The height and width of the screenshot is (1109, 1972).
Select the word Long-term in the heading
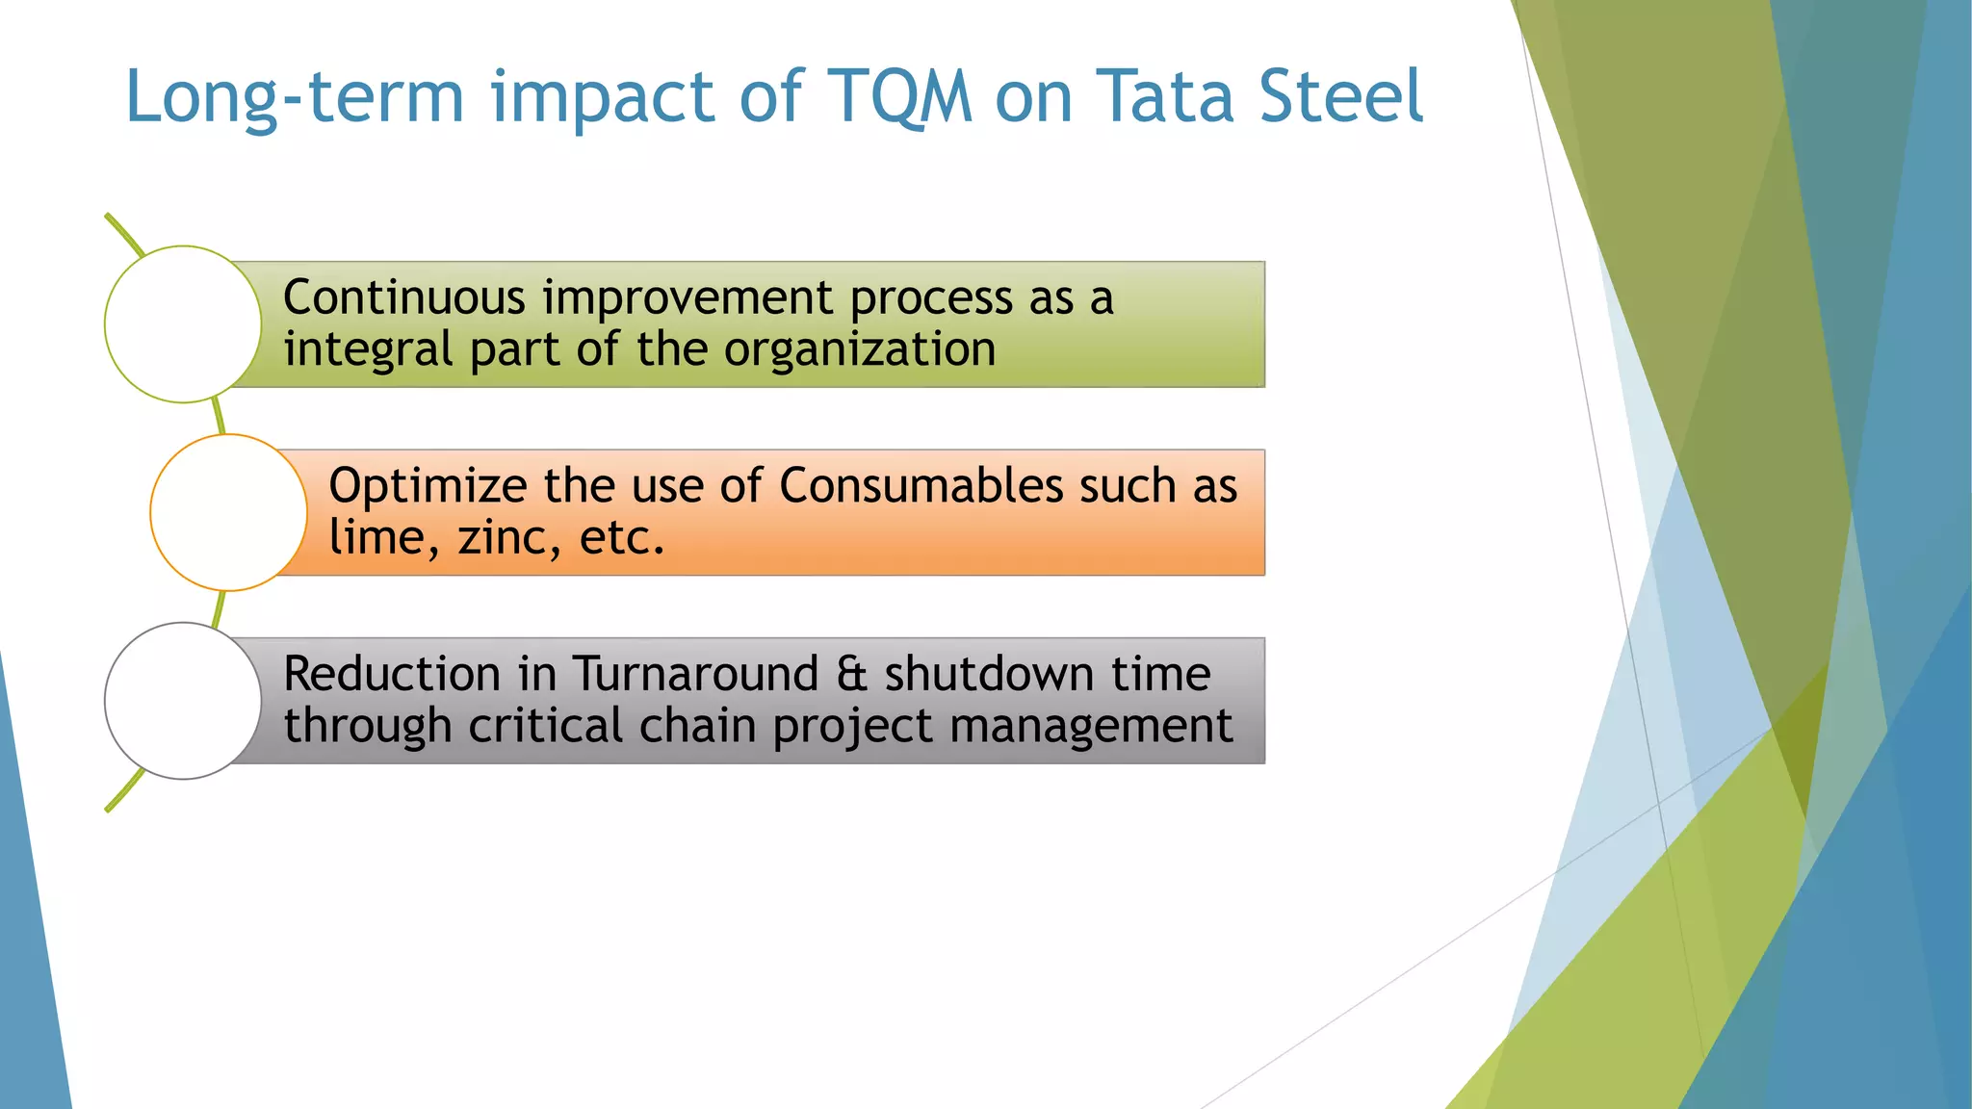295,98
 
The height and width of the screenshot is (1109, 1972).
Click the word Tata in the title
1165,96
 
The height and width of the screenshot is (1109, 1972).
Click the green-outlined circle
183,324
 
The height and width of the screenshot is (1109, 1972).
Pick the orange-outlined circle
228,512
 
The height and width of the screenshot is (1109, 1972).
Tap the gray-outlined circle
183,701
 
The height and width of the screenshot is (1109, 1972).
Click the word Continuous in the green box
403,297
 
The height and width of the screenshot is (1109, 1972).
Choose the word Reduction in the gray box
391,674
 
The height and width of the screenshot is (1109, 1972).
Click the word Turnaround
694,674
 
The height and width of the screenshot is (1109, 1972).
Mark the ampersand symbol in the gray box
851,674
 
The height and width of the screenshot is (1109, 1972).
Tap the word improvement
687,299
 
